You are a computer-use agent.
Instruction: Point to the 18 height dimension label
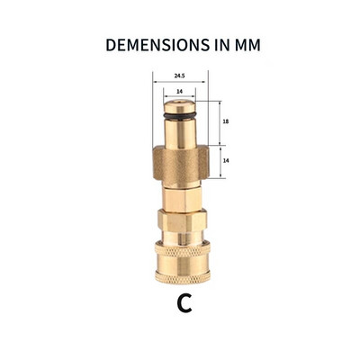click(x=226, y=121)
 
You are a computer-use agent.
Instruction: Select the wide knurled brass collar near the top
click(x=183, y=159)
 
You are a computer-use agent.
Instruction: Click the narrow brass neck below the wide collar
click(x=183, y=191)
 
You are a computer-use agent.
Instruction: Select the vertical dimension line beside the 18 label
click(x=219, y=121)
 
